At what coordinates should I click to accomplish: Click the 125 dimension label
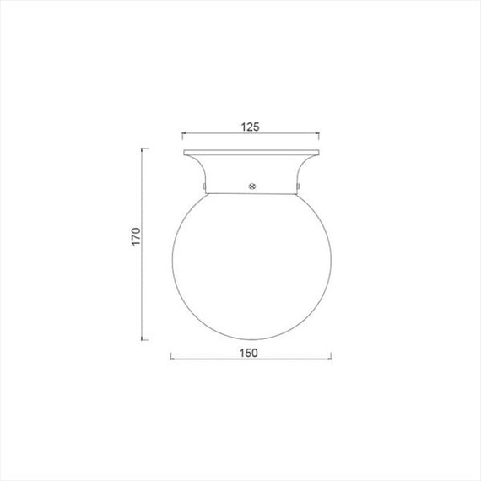(250, 127)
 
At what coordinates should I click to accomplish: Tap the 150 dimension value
(248, 353)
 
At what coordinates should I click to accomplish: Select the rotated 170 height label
(136, 236)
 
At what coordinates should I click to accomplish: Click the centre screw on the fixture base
(251, 186)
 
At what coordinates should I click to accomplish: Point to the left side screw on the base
(204, 186)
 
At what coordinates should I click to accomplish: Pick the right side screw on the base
(298, 186)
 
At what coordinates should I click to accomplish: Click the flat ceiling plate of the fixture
(251, 153)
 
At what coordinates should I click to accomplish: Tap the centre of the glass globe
(251, 267)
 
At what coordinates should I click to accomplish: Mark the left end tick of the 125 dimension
(182, 136)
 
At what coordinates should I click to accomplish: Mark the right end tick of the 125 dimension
(319, 136)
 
